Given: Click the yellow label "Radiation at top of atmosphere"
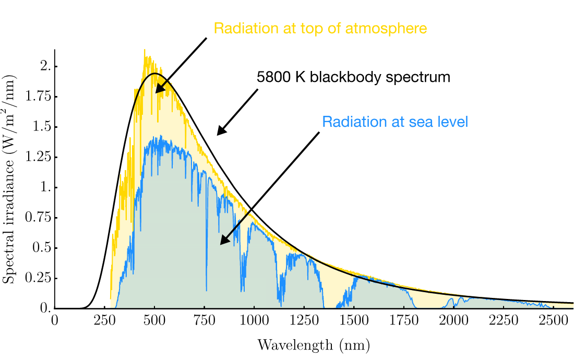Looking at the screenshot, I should (x=320, y=28).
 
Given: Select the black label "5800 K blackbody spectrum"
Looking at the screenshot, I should (x=353, y=78).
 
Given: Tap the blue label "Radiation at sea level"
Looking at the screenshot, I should (x=395, y=122).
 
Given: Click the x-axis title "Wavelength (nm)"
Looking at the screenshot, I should (x=313, y=345).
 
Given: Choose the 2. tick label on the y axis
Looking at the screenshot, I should (x=46, y=66).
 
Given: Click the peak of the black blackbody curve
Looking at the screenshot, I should (x=154, y=74).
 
